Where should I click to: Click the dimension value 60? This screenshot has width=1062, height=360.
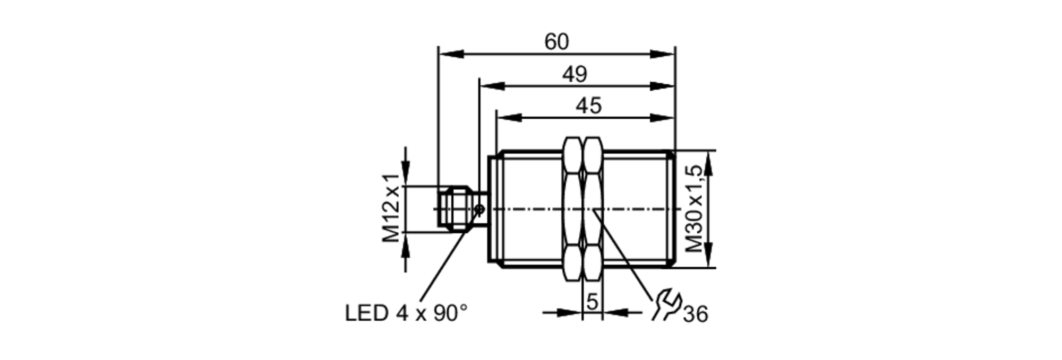[x=556, y=42]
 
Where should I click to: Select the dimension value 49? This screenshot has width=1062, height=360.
[x=575, y=74]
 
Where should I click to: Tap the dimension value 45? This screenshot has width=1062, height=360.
[x=588, y=106]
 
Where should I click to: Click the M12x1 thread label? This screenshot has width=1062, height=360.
[x=392, y=208]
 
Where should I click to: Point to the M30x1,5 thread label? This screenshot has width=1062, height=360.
[x=694, y=208]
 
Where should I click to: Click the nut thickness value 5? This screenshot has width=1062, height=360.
[x=592, y=302]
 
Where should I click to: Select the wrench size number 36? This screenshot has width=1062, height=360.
[x=696, y=314]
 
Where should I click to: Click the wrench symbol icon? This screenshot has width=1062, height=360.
[x=666, y=305]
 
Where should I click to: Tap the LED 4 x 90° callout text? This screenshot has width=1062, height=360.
[x=406, y=313]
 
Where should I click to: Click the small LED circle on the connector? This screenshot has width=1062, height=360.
[x=479, y=209]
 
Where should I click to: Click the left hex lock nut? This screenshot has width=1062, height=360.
[x=572, y=209]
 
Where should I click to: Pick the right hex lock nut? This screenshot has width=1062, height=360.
[x=593, y=209]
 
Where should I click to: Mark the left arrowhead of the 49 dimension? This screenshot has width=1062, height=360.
[x=491, y=86]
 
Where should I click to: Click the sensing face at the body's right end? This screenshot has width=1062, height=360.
[x=673, y=209]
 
